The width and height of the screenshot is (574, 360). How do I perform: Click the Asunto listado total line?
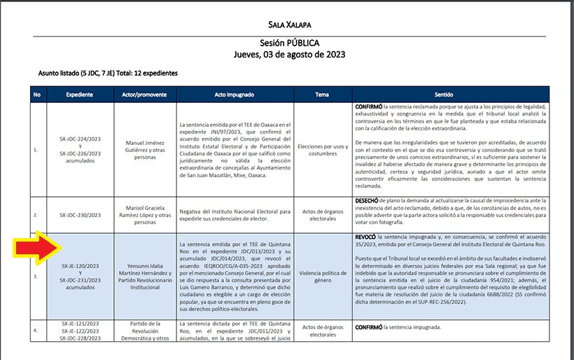(108, 73)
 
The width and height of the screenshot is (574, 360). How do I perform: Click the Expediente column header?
(80, 94)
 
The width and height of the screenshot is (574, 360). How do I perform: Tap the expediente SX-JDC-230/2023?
(80, 215)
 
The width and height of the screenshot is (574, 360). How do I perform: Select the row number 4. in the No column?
(36, 328)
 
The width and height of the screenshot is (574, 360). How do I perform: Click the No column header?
(37, 94)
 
